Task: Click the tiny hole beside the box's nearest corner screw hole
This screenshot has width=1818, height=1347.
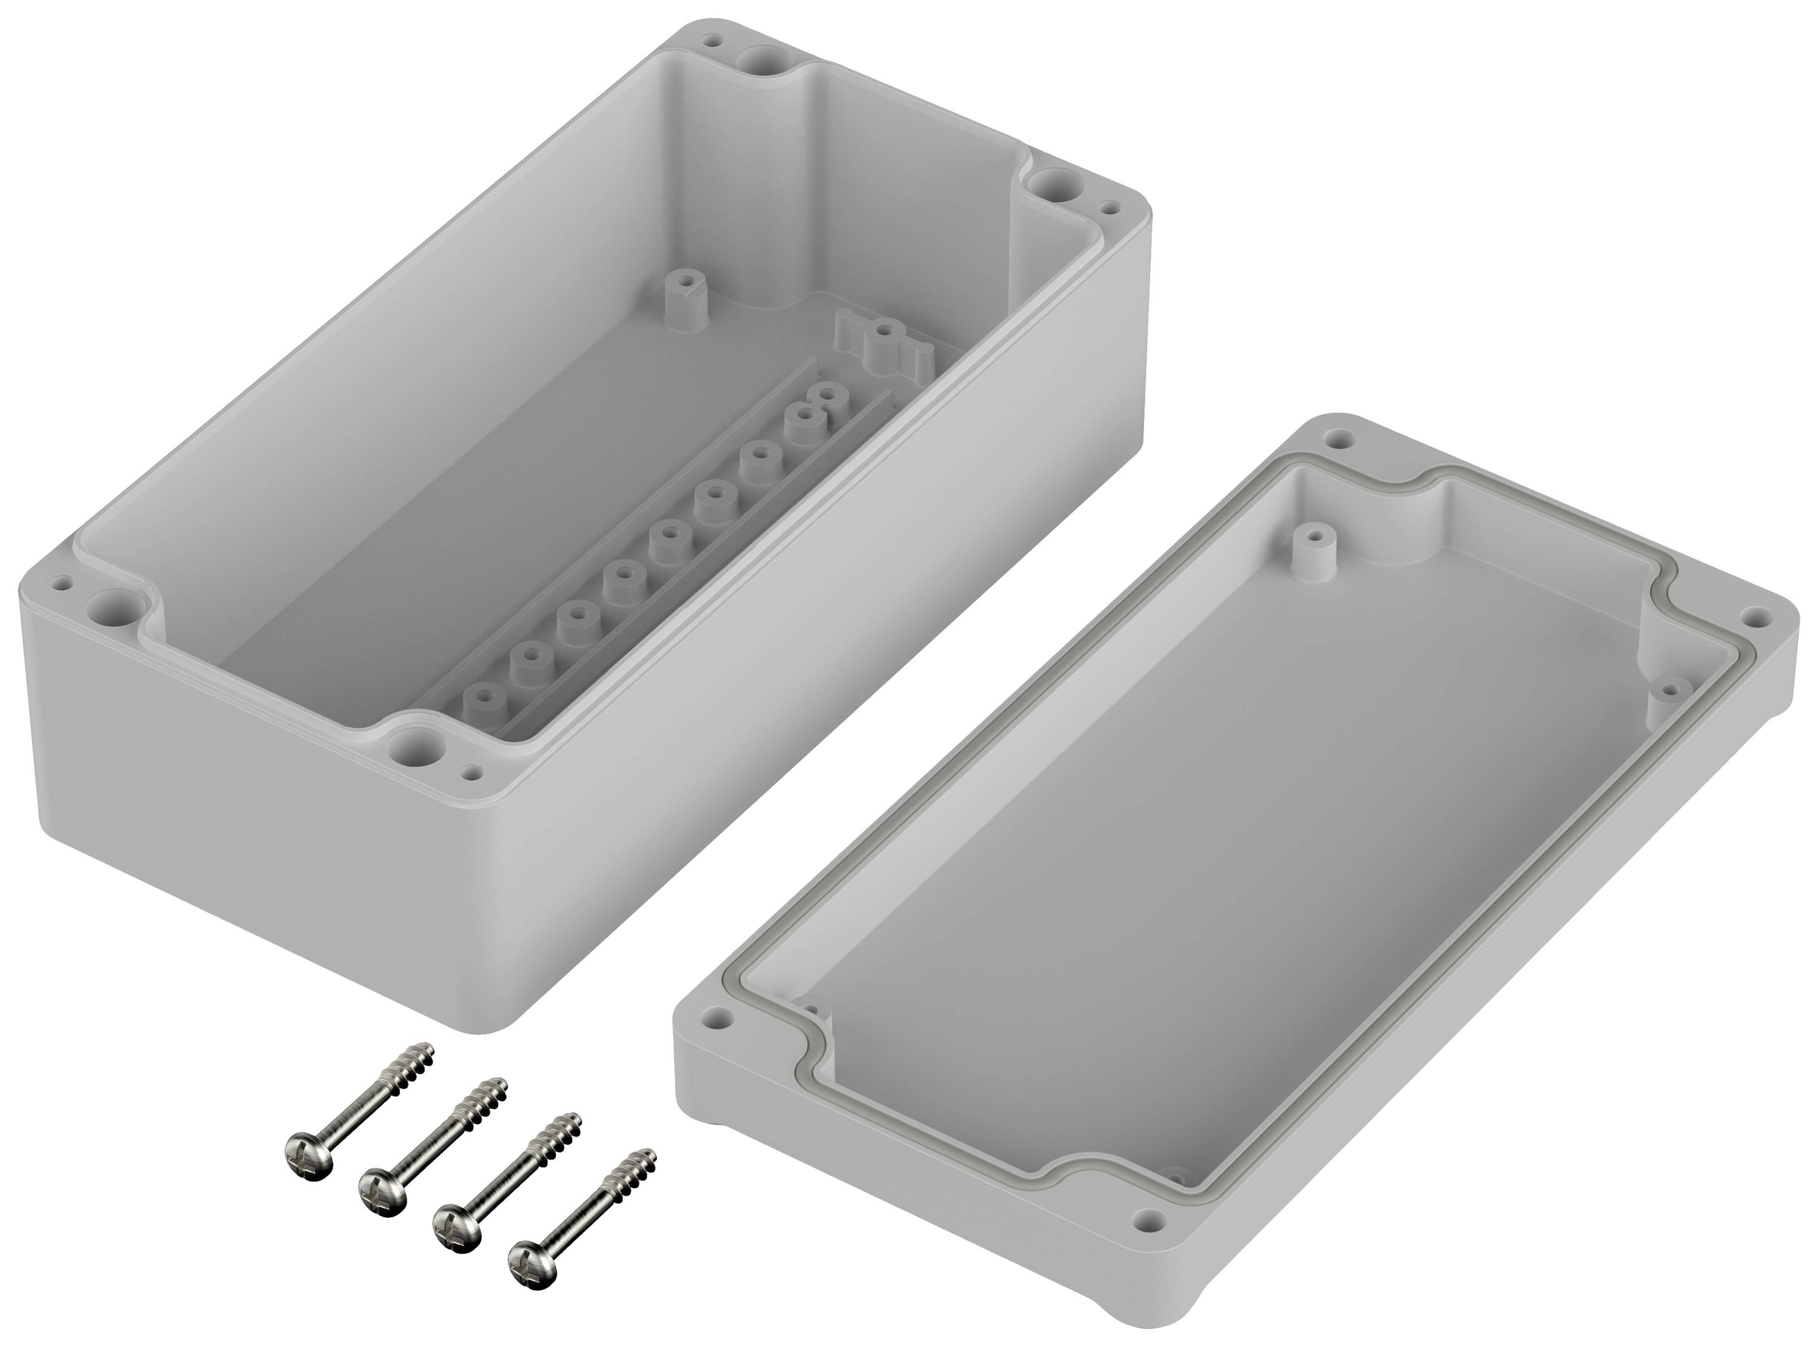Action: coord(471,769)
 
